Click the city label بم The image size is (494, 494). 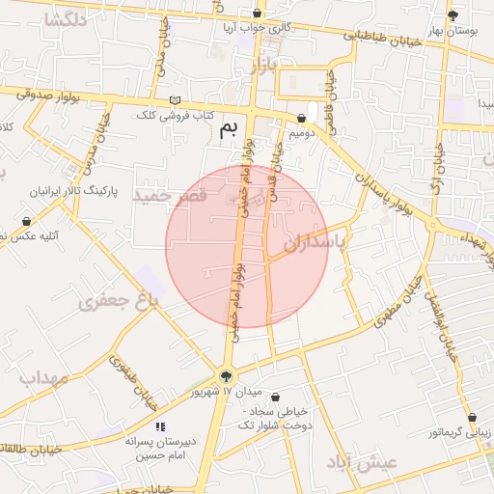pos(228,129)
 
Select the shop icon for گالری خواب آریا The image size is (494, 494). pos(257,14)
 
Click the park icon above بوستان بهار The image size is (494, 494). pos(453,14)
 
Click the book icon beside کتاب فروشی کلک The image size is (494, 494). pos(175,100)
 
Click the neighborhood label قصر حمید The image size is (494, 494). pos(171,196)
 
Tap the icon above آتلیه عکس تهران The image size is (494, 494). pos(26,221)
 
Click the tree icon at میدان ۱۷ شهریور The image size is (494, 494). pos(226,376)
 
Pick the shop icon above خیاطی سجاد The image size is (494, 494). pos(277,397)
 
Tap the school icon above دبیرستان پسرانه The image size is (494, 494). pos(160,425)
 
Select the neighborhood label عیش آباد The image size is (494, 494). pos(363,462)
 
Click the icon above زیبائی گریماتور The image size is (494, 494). pos(472,418)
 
